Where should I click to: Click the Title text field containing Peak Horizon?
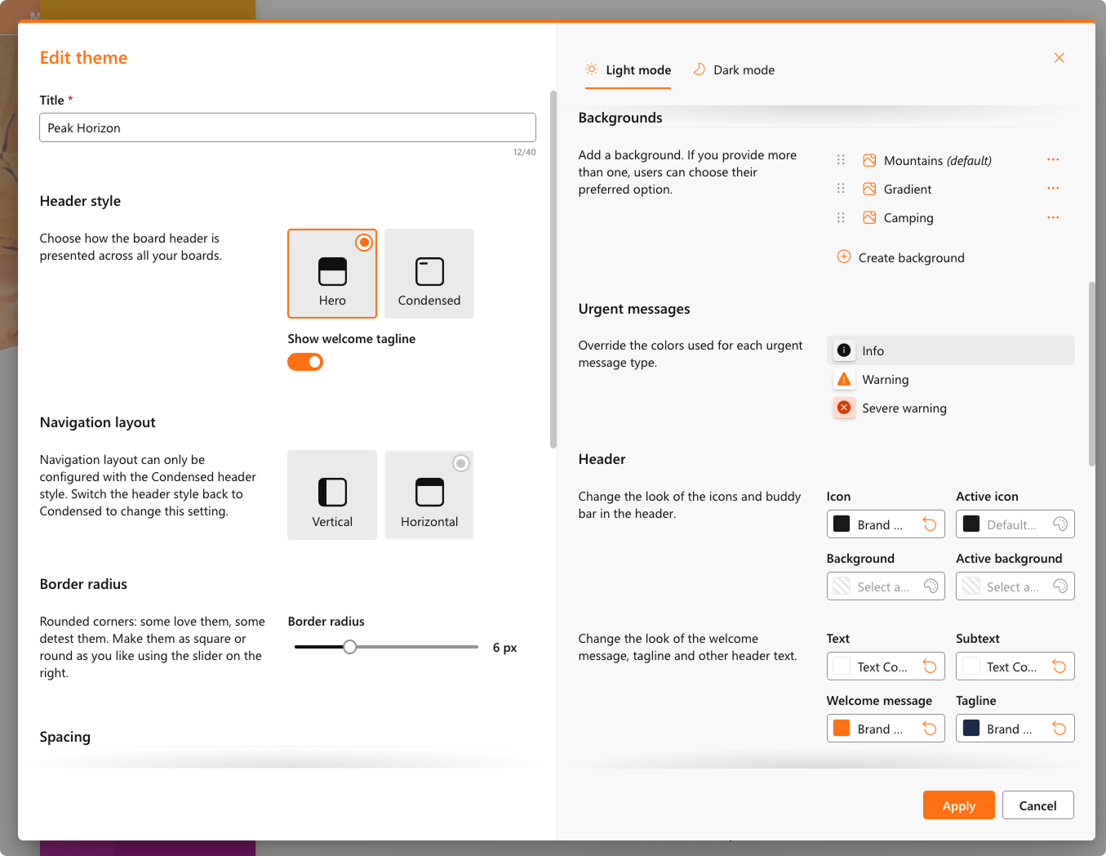click(x=287, y=127)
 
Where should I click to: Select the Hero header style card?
click(x=332, y=274)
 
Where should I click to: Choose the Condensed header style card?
click(x=429, y=274)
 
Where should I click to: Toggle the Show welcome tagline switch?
click(x=305, y=362)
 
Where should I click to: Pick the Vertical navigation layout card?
click(x=332, y=494)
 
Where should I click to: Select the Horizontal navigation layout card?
click(x=429, y=494)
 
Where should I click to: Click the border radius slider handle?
click(x=349, y=647)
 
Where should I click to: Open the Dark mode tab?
click(x=734, y=69)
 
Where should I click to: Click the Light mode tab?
click(x=628, y=69)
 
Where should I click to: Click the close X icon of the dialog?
click(x=1059, y=58)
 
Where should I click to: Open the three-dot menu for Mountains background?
click(x=1053, y=160)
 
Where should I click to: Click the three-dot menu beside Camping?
click(x=1053, y=217)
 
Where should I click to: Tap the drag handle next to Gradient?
click(x=841, y=189)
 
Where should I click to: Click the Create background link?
click(x=901, y=257)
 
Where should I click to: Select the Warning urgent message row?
click(x=951, y=379)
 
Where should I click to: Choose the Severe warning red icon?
click(x=844, y=408)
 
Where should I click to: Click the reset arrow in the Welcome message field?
click(x=930, y=729)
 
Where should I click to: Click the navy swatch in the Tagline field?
click(x=971, y=729)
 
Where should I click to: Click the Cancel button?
click(x=1037, y=805)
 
